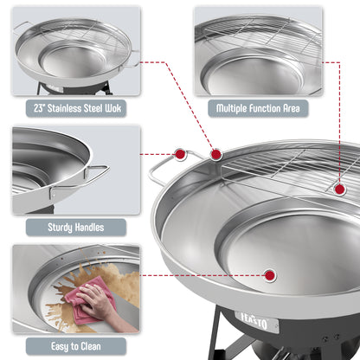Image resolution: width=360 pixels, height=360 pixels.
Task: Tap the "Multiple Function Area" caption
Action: pyautogui.click(x=257, y=110)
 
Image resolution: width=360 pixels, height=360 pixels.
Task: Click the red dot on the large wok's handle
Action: pyautogui.click(x=180, y=154)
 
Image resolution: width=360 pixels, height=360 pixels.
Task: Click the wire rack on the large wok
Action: pyautogui.click(x=277, y=170)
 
